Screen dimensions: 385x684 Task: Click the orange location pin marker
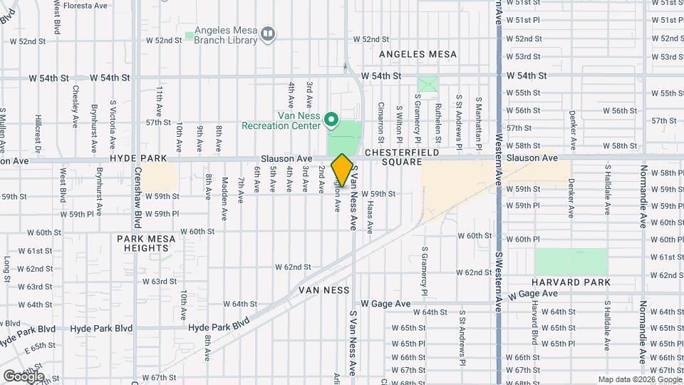(x=342, y=170)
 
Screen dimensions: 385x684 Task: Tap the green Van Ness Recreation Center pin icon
(x=331, y=119)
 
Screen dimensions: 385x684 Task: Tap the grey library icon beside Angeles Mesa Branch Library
(x=268, y=33)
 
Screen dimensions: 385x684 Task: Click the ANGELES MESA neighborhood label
(x=418, y=54)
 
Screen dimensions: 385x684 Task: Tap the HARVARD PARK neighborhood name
(x=571, y=282)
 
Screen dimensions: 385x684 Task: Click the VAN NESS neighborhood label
(x=324, y=290)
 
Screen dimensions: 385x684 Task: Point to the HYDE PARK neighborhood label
(x=138, y=158)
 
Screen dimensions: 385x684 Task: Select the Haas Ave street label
(x=370, y=217)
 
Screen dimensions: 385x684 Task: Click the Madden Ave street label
(x=224, y=189)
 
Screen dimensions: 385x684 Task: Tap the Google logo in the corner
(x=23, y=376)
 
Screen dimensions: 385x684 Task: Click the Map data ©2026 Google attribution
(x=639, y=379)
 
